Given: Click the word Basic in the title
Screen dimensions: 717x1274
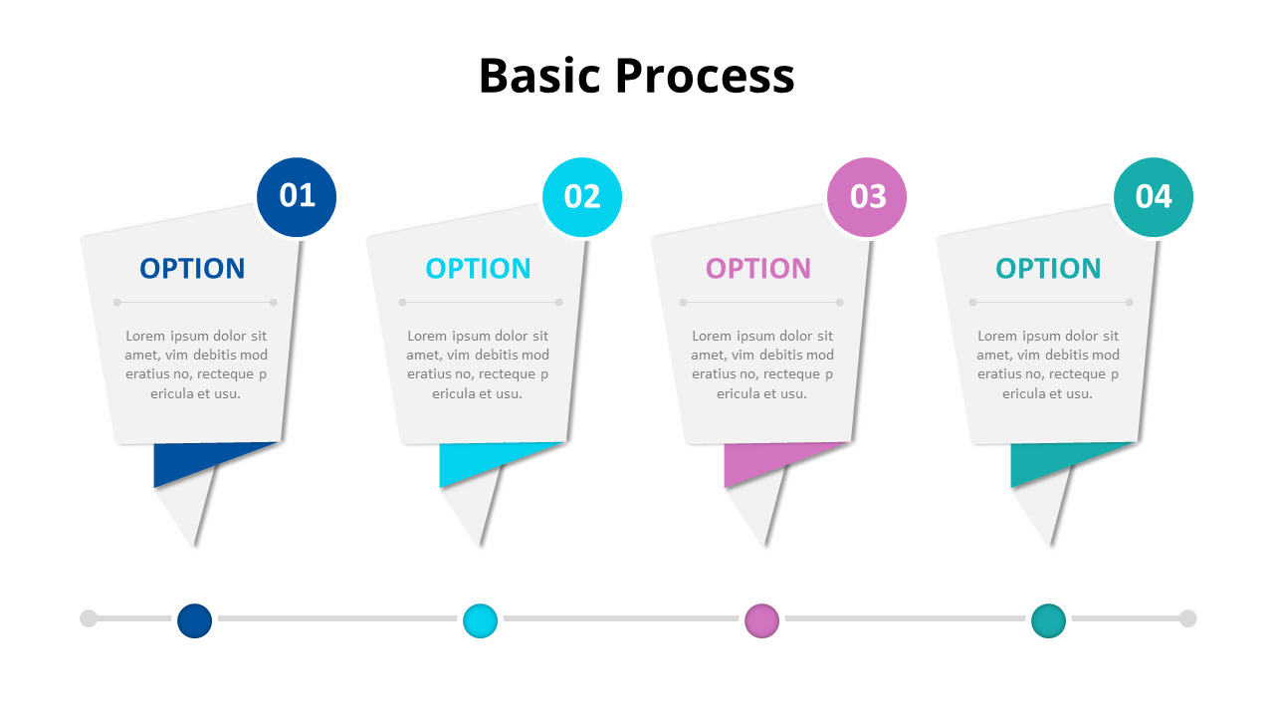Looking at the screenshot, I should point(540,77).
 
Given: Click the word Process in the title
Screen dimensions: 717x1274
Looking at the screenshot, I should point(704,77).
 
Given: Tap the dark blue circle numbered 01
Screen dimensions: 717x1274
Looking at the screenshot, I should point(297,197).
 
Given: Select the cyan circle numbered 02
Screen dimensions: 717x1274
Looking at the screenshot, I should point(582,197).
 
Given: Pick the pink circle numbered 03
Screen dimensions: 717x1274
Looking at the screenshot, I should point(867,197).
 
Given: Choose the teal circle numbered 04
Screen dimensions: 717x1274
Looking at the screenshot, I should point(1153,197).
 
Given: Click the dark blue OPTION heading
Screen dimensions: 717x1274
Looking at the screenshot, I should point(192,269).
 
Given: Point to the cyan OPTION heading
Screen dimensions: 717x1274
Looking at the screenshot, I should point(478,269).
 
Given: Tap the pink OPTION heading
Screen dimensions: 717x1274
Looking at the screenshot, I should point(758,269).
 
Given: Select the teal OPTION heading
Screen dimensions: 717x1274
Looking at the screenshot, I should point(1048,269).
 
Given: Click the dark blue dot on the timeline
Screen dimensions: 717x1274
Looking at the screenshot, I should point(195,620).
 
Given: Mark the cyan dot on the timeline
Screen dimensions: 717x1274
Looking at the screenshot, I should point(480,620).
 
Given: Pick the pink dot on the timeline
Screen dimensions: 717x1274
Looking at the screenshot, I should point(761,620).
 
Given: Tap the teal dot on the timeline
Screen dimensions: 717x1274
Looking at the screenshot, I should point(1048,620).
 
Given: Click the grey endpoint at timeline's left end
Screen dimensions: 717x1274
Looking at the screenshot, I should point(89,618).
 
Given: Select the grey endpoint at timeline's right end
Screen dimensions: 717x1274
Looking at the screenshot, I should point(1187,618).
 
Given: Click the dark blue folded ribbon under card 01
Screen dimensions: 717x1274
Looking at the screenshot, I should point(189,461).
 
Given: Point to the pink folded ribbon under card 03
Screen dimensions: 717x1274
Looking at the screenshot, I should point(759,461).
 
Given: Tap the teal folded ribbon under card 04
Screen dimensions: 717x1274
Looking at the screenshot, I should point(1046,461).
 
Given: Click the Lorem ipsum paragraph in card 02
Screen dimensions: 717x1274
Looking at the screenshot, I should point(478,364).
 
